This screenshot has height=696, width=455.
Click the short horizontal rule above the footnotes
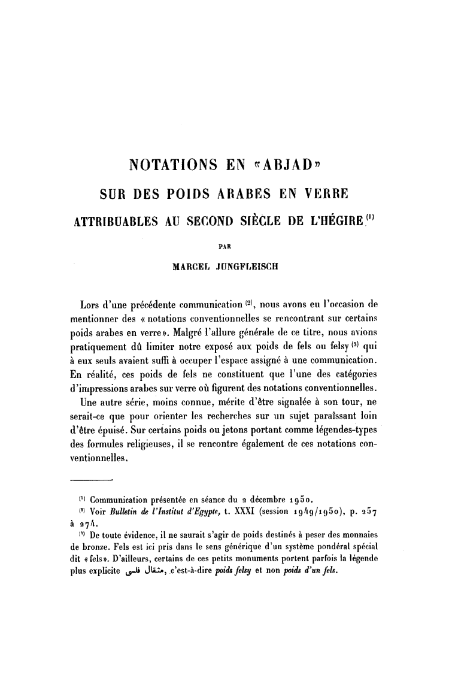[x=92, y=480]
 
